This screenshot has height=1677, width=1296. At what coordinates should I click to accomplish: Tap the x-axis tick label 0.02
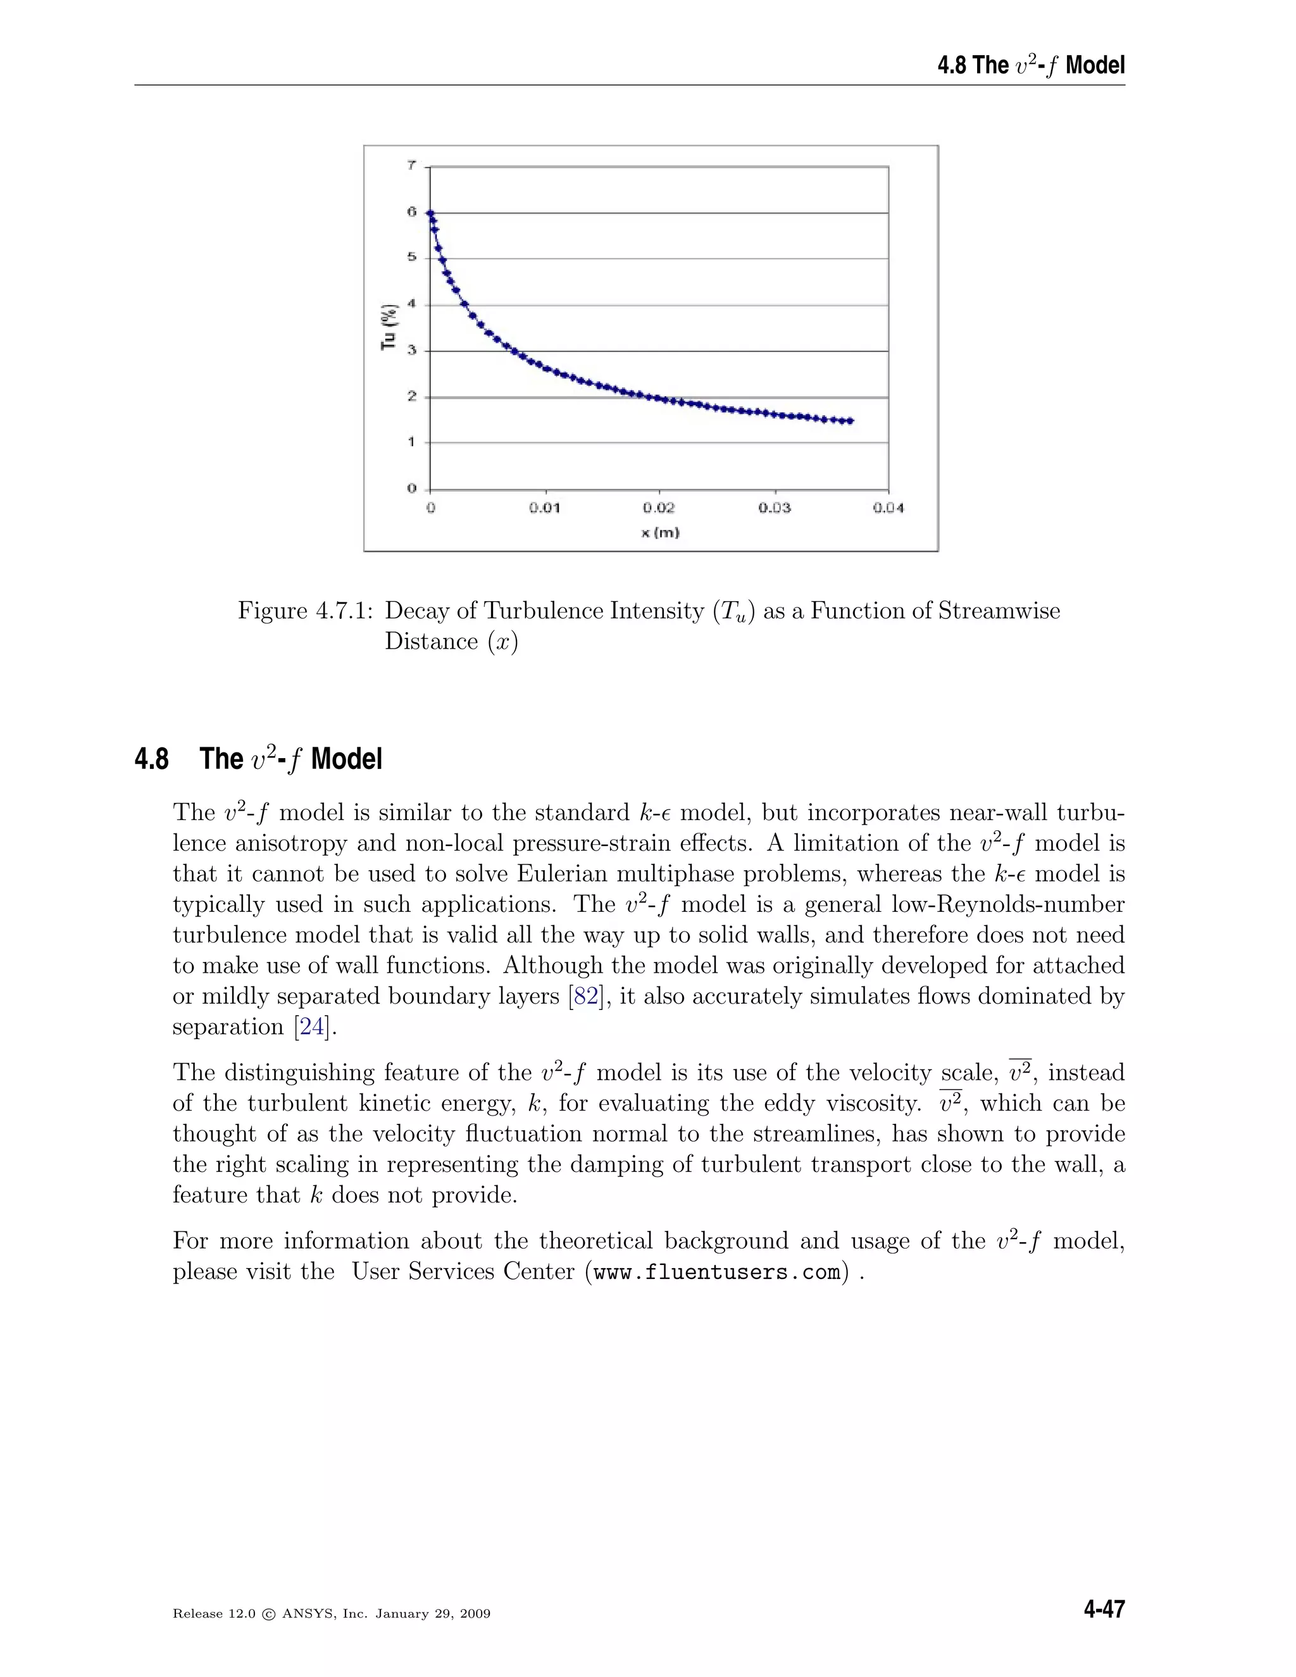pyautogui.click(x=659, y=508)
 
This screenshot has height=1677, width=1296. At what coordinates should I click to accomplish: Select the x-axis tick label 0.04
pyautogui.click(x=888, y=508)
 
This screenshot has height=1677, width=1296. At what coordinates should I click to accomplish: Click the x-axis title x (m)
pyautogui.click(x=660, y=532)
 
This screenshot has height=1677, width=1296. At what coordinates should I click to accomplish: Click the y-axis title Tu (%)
pyautogui.click(x=390, y=327)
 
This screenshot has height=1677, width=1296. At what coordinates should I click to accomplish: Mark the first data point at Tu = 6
pyautogui.click(x=431, y=213)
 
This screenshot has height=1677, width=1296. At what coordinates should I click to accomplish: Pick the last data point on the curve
pyautogui.click(x=850, y=421)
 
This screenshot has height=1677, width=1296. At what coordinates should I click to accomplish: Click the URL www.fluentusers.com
pyautogui.click(x=717, y=1273)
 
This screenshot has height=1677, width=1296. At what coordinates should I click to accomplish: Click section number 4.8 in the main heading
pyautogui.click(x=151, y=759)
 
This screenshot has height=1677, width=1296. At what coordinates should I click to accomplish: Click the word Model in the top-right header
pyautogui.click(x=1095, y=65)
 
